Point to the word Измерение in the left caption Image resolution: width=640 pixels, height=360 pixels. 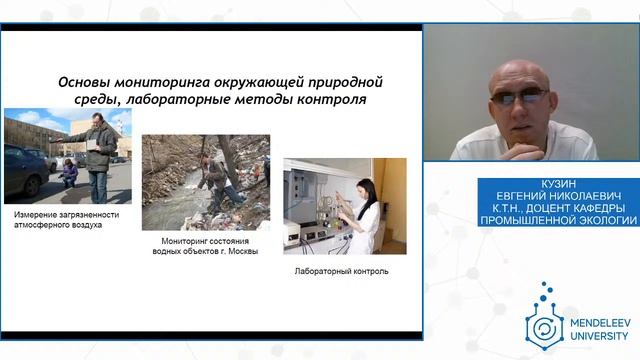(x=40, y=215)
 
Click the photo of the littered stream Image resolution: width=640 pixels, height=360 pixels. (x=205, y=183)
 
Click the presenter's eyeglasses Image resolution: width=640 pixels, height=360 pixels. (x=520, y=96)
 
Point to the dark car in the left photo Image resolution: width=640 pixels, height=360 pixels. (x=22, y=171)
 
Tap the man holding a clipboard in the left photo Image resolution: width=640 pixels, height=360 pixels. (x=98, y=155)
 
